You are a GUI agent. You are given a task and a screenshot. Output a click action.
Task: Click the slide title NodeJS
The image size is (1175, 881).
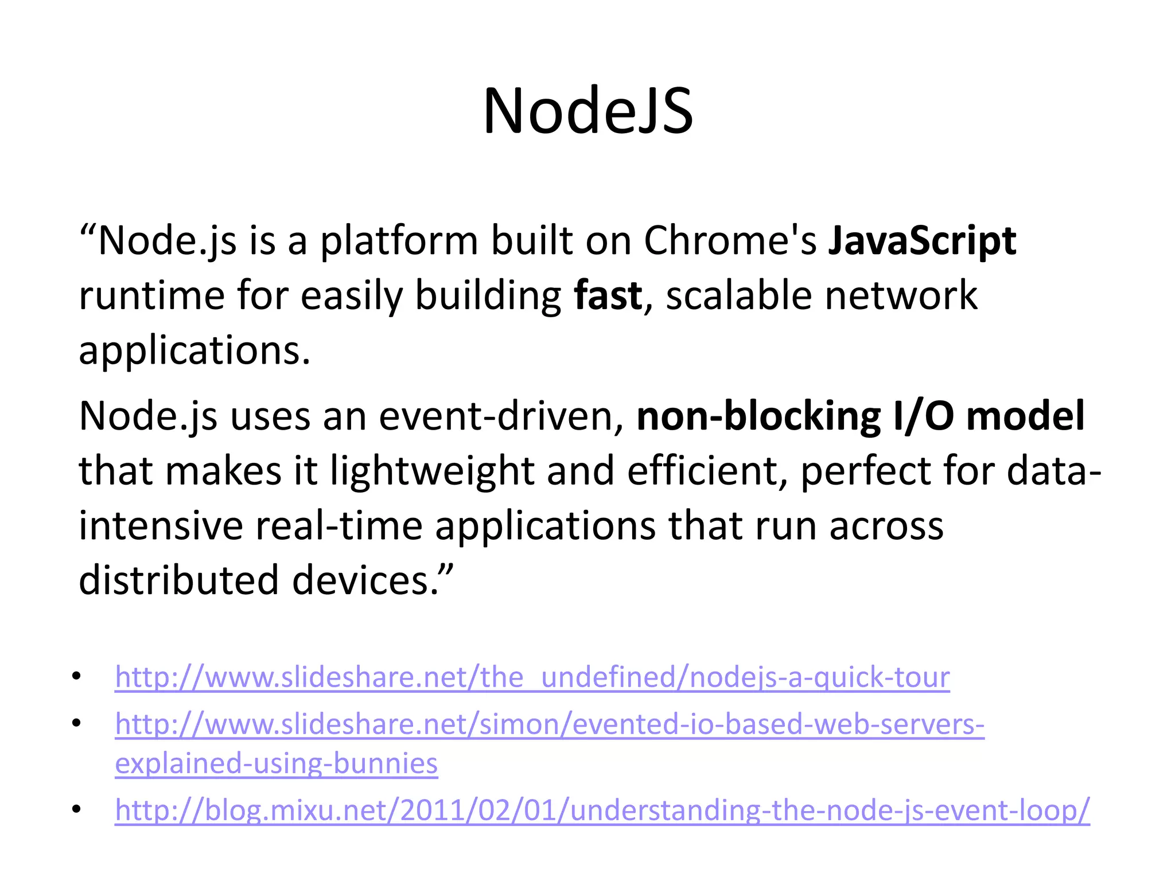587,111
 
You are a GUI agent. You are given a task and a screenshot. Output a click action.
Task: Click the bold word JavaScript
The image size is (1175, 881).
921,240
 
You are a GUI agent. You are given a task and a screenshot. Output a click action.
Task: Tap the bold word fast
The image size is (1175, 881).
608,295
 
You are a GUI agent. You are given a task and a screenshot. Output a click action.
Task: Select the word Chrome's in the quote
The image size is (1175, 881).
729,240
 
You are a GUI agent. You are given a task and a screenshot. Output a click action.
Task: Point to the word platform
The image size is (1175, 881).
399,240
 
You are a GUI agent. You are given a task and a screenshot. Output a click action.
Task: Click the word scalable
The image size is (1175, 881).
739,295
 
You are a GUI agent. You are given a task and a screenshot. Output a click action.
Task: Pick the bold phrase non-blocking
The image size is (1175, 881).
758,416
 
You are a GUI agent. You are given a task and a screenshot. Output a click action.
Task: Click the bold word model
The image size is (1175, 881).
1025,416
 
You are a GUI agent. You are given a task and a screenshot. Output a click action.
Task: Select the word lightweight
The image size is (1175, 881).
432,471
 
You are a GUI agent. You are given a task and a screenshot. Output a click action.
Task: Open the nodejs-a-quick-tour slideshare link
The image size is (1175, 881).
532,677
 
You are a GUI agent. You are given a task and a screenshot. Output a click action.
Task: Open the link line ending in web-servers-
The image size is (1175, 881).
549,724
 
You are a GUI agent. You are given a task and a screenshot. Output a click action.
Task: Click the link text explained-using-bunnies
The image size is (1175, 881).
276,763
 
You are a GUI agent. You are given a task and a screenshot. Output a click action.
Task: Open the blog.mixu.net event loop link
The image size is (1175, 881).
602,810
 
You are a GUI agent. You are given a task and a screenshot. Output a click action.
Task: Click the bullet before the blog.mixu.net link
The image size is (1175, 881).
77,809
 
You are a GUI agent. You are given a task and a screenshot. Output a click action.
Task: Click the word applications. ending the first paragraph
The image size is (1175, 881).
194,350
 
